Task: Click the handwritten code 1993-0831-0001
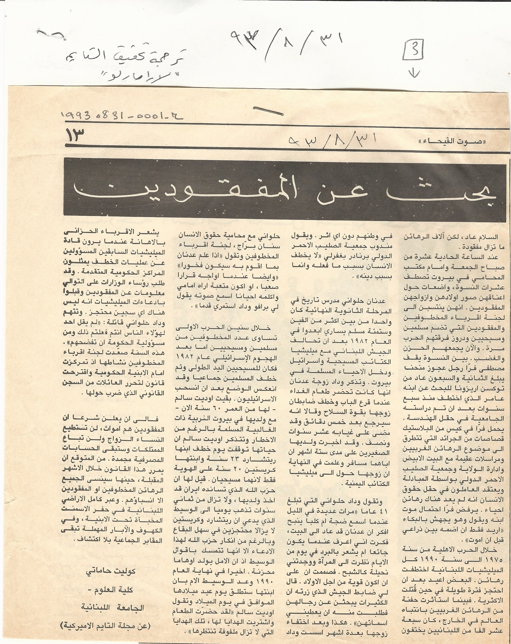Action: [x=122, y=115]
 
